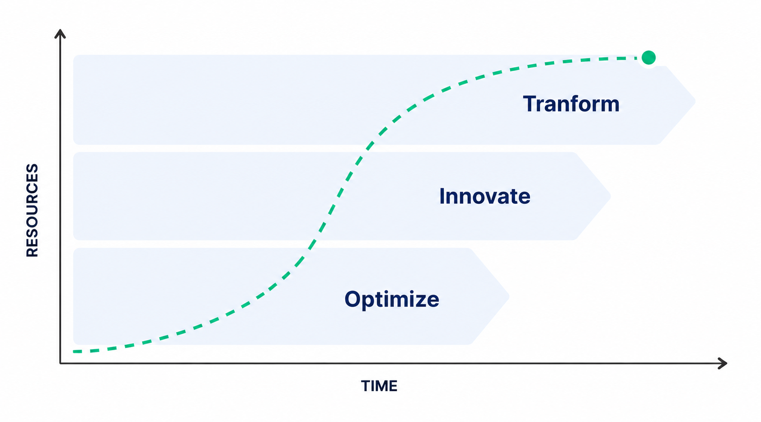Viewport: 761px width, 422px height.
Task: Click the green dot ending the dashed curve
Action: [648, 57]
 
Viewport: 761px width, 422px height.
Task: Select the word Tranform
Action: [571, 104]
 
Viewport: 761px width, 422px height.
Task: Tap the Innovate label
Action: [485, 196]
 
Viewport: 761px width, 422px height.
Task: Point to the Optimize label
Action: [392, 300]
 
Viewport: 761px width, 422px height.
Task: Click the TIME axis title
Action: [379, 386]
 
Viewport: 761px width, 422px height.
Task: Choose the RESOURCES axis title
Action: [32, 210]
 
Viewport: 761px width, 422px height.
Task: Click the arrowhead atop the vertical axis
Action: [60, 33]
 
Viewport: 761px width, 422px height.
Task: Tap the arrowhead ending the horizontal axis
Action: [723, 363]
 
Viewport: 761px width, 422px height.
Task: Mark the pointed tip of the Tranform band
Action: [695, 101]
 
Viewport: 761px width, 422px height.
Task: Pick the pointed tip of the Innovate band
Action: [610, 196]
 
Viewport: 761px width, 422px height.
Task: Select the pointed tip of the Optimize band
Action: [508, 297]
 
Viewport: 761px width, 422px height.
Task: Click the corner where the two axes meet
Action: [61, 363]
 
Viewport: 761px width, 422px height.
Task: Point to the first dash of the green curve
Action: [78, 352]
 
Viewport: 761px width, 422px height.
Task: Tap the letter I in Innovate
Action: [442, 196]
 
